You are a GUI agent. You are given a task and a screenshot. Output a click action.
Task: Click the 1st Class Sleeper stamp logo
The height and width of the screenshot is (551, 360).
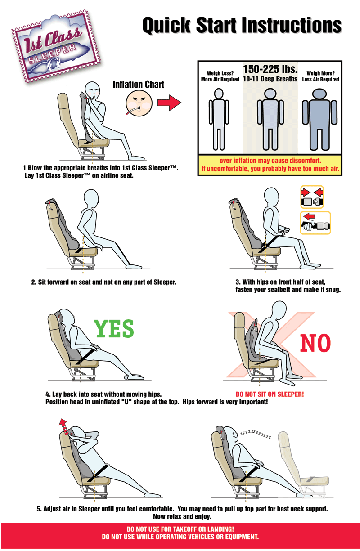56,46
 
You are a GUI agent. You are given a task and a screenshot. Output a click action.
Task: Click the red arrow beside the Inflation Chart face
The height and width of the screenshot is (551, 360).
169,103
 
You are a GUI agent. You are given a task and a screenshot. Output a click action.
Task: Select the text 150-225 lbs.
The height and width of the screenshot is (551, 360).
270,69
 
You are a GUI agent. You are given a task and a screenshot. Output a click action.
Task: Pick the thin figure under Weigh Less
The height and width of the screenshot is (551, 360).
219,119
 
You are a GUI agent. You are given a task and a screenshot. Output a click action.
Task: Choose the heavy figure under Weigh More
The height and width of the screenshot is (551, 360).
319,120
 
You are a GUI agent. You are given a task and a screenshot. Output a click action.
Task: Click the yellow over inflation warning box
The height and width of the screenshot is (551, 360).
270,165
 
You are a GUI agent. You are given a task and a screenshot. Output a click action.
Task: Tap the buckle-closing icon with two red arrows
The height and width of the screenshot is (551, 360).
312,197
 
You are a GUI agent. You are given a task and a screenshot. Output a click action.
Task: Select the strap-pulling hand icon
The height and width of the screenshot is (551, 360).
315,223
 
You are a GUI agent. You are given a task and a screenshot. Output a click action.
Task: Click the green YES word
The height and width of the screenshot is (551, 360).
114,328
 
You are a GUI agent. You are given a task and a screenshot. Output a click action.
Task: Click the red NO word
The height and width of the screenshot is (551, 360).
315,343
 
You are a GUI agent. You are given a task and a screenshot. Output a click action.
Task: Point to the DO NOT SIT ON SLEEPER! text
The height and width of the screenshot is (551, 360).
270,394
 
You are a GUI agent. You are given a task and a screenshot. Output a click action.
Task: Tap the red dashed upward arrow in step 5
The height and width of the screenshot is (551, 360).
64,427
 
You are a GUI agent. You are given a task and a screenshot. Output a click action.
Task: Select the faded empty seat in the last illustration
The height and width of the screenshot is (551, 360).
303,465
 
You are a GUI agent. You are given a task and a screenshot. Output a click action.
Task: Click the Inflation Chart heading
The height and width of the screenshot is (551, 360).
138,85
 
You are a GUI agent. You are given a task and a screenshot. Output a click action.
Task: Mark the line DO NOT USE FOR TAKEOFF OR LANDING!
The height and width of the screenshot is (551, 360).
180,529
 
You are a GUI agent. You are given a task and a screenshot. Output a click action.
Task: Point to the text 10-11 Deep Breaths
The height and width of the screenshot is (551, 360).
270,79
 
